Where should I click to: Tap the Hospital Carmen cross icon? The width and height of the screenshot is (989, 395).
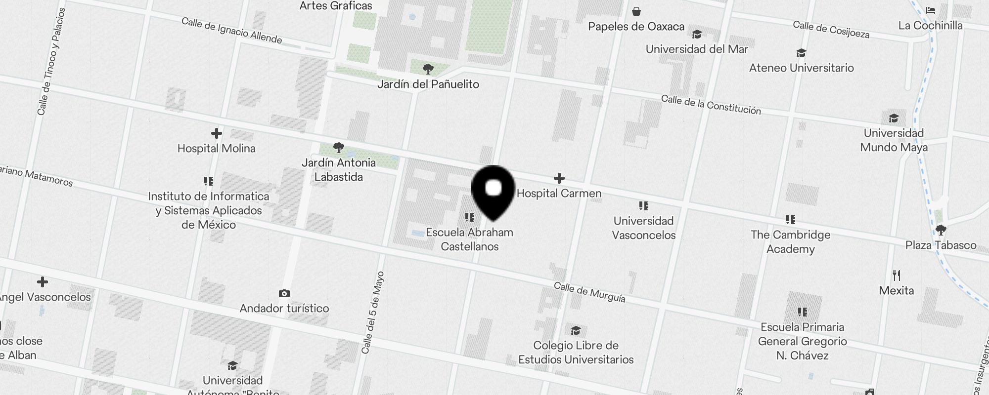559,178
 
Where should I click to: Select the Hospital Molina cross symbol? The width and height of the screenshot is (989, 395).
217,133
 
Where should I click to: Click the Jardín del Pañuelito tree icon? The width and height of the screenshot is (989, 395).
428,69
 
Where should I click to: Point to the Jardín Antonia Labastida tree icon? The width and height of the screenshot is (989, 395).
339,147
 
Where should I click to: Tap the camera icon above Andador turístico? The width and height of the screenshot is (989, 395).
284,294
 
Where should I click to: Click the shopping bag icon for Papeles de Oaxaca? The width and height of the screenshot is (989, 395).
636,11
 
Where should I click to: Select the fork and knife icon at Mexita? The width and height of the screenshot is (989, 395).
897,275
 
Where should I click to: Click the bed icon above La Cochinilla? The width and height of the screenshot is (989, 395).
931,10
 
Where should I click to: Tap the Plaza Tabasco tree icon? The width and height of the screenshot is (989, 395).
941,230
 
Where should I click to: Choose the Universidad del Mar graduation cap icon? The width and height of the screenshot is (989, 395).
697,34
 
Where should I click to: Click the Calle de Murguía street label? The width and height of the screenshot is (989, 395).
589,292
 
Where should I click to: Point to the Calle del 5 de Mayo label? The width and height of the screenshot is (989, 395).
373,312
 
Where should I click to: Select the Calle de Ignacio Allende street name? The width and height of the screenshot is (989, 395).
231,30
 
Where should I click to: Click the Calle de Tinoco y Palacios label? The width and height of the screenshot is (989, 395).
51,62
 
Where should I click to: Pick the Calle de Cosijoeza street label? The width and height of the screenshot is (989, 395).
831,29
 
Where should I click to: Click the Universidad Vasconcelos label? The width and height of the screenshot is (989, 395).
643,228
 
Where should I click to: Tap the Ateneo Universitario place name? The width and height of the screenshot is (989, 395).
801,68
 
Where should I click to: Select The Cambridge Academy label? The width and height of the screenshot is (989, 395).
790,241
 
